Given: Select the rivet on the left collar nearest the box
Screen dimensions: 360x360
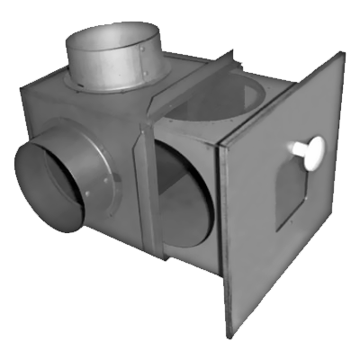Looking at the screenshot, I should (x=107, y=181).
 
